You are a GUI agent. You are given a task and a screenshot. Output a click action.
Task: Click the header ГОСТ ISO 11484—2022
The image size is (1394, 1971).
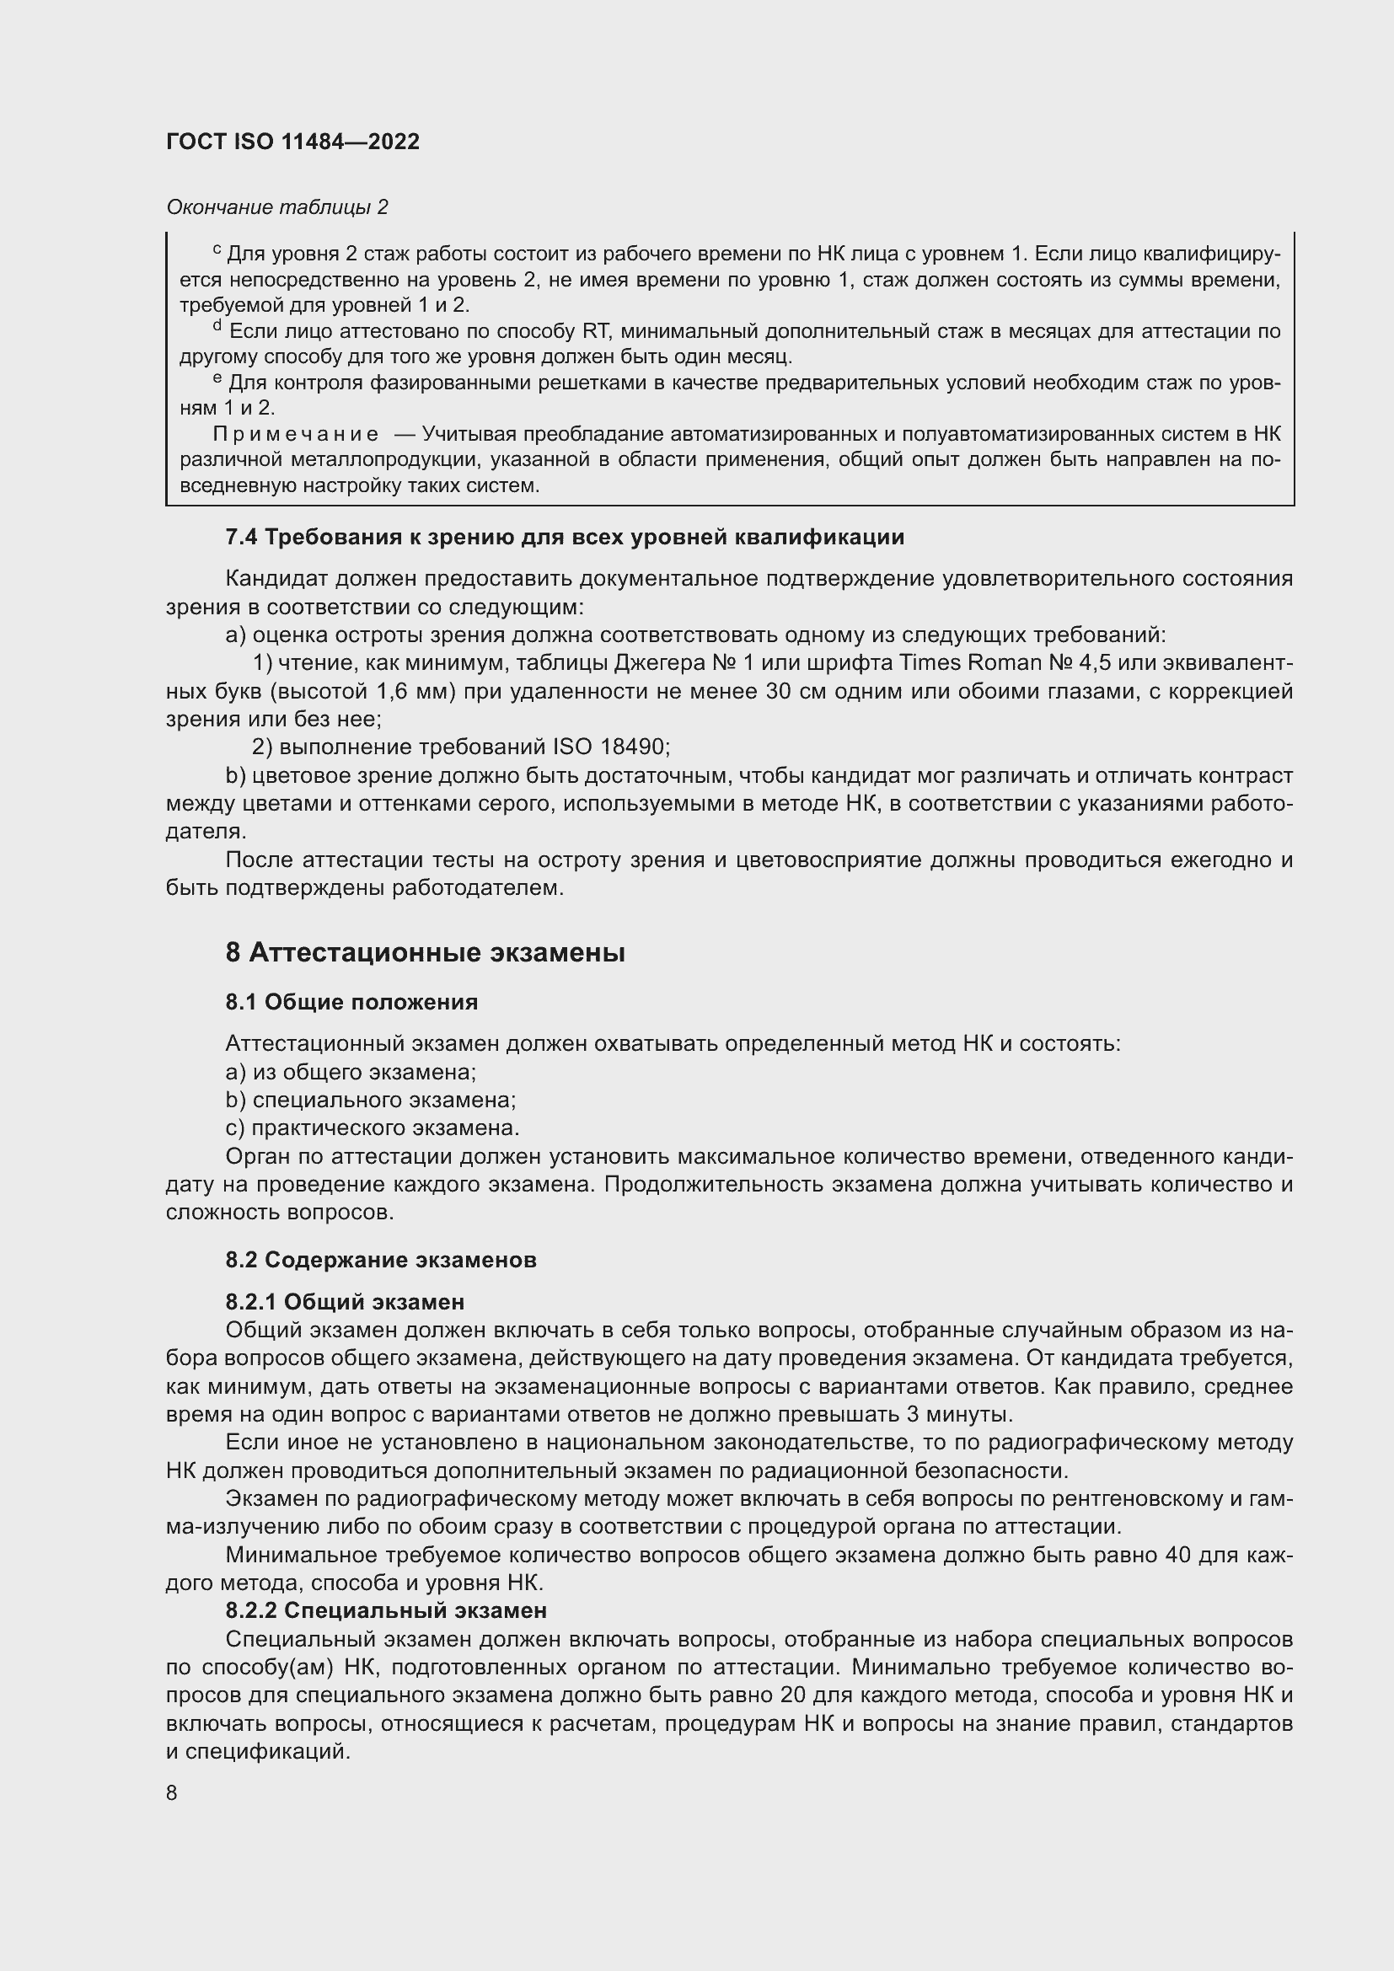(292, 142)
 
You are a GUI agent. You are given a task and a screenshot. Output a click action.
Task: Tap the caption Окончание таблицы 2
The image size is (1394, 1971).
(276, 207)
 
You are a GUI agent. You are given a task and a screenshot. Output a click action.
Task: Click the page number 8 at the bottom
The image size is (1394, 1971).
(172, 1792)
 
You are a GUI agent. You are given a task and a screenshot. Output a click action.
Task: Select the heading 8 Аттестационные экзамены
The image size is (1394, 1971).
(425, 953)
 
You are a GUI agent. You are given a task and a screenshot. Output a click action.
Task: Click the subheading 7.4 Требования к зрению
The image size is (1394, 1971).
(564, 538)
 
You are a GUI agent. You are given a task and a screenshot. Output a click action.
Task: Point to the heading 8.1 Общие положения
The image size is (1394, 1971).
(352, 1002)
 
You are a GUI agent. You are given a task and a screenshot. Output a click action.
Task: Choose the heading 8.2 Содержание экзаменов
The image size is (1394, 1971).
(381, 1260)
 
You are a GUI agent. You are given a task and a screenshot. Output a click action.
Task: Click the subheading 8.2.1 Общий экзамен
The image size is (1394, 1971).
(345, 1302)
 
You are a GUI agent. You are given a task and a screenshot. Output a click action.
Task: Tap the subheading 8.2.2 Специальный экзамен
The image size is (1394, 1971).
(386, 1609)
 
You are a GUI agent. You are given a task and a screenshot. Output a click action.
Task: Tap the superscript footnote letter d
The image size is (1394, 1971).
(217, 326)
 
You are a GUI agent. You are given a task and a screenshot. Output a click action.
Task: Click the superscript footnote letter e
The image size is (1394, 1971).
(217, 378)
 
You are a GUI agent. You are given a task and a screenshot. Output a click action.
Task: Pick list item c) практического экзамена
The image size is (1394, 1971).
(372, 1128)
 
